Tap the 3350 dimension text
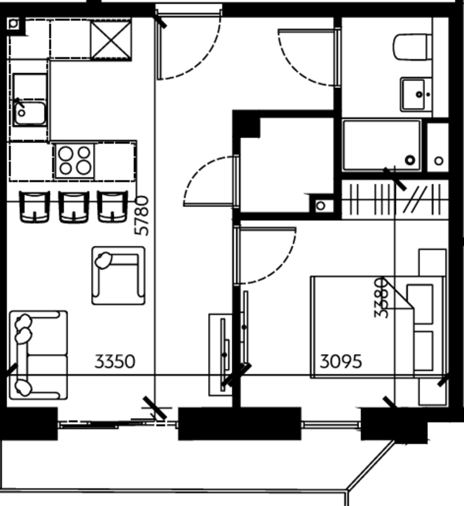tap(115, 362)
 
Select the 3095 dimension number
tap(341, 362)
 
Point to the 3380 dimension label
tap(381, 297)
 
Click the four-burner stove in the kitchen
tap(75, 161)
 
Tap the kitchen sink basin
tap(29, 113)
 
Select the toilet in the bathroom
tap(413, 47)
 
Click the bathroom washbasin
tap(416, 94)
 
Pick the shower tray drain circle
tap(410, 160)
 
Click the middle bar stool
tap(74, 207)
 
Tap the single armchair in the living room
tap(119, 275)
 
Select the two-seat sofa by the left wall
tap(38, 355)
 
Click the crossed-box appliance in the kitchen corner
tap(111, 39)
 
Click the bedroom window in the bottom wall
tap(331, 424)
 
